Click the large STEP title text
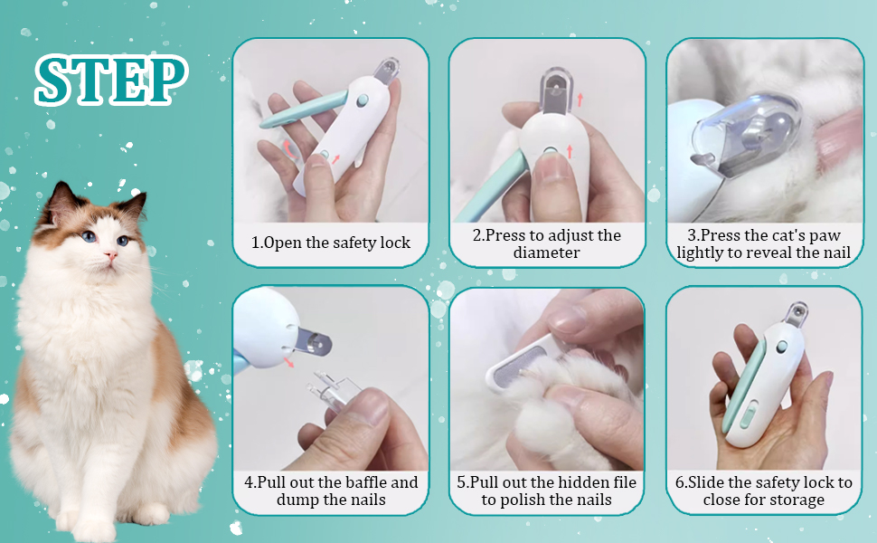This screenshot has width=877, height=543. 110,80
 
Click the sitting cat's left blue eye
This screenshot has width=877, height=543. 87,236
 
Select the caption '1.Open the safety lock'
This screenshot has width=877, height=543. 331,243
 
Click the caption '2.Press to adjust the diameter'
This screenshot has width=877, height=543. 547,243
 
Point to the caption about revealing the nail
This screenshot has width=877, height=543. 764,243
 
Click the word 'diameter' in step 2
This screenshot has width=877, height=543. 547,252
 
